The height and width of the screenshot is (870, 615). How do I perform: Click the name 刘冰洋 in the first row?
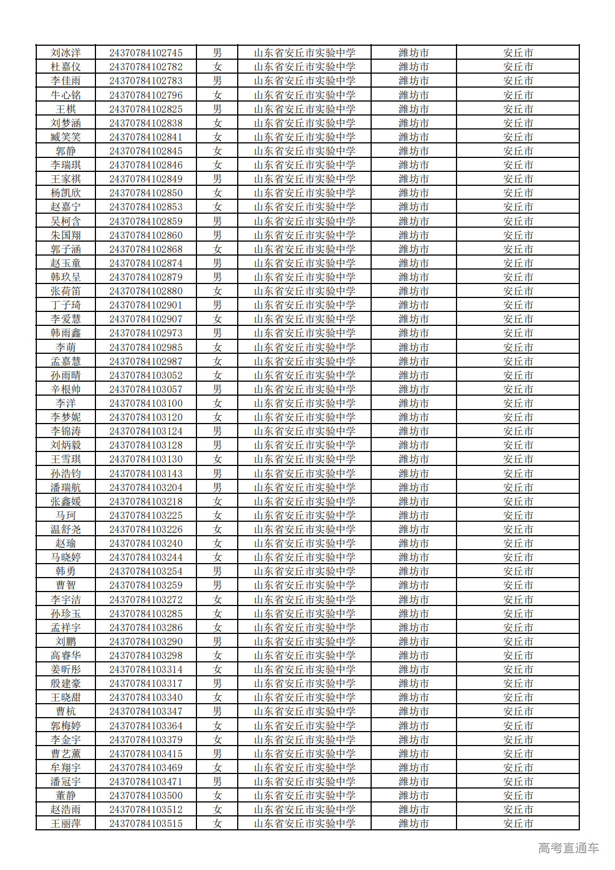[65, 53]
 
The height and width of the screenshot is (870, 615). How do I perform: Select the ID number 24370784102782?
[146, 67]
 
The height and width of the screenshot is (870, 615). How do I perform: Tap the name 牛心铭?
[65, 95]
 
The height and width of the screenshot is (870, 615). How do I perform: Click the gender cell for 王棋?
[217, 109]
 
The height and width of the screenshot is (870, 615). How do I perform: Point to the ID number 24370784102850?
[146, 193]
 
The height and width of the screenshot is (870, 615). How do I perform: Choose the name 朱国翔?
[65, 235]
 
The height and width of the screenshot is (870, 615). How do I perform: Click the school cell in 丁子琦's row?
[304, 305]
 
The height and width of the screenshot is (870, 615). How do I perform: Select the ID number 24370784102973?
[146, 333]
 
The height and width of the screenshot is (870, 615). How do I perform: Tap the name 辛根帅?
[65, 390]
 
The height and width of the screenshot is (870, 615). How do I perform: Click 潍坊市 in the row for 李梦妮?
[414, 417]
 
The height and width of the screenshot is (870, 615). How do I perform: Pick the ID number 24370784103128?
[146, 445]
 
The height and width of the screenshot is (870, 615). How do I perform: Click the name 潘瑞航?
[65, 487]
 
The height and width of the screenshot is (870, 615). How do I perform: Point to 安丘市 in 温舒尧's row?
[518, 530]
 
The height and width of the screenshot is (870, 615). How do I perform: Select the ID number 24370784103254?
[146, 571]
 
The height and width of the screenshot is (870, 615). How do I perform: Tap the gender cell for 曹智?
[217, 585]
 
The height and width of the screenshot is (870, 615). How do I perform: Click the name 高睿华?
[65, 656]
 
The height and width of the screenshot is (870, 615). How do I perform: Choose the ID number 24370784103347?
[146, 712]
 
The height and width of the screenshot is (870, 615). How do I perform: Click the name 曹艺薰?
[65, 753]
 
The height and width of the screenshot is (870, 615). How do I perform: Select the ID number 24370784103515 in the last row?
[146, 824]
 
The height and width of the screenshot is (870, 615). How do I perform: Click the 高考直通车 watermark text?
[568, 848]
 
